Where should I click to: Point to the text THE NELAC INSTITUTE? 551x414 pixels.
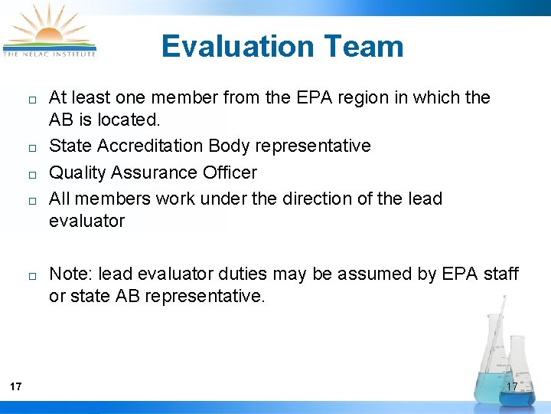coord(50,54)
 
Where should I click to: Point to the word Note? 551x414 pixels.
coord(70,274)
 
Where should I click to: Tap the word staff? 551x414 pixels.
coord(501,274)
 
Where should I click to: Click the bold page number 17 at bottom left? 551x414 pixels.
coord(16,386)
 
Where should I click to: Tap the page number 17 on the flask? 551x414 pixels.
coord(512,386)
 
